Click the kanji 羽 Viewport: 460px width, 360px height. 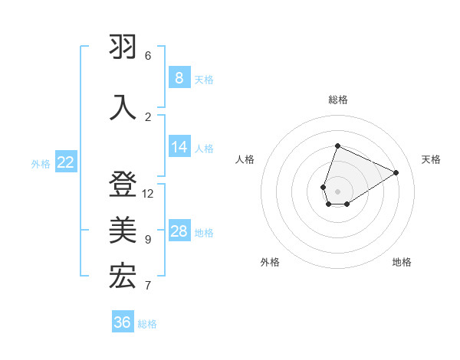[x=123, y=48]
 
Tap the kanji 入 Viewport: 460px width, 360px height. [x=123, y=106]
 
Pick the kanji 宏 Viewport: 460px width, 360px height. [x=123, y=277]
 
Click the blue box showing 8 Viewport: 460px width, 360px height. [x=179, y=78]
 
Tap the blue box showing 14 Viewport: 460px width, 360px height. [x=179, y=148]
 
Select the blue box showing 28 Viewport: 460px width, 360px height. [x=179, y=232]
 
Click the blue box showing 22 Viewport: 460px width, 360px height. [x=66, y=162]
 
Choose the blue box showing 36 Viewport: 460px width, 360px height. [x=123, y=322]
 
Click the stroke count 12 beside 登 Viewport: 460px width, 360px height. [x=148, y=194]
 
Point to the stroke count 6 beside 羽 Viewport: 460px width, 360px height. [x=148, y=56]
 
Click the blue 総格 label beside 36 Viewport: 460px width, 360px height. [x=147, y=324]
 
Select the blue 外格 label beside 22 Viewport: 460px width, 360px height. [x=41, y=163]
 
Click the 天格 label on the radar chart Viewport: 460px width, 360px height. [x=432, y=159]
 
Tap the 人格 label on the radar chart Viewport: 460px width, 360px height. [x=245, y=159]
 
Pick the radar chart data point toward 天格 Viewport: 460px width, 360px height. [x=396, y=172]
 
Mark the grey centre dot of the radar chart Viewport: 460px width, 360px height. [x=337, y=191]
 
